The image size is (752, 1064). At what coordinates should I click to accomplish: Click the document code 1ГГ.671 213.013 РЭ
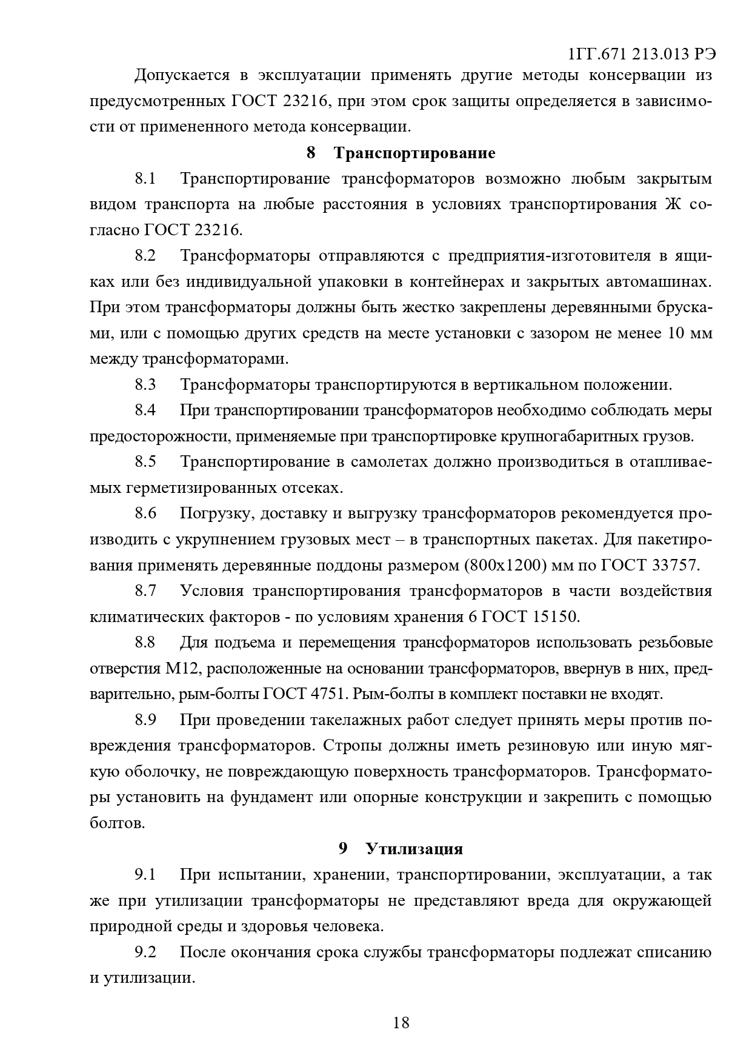(x=642, y=54)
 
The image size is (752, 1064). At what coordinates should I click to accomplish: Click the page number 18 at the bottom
(x=401, y=1023)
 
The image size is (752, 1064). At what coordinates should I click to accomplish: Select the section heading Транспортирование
(x=414, y=153)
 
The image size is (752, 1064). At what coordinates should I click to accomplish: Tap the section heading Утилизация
(x=414, y=849)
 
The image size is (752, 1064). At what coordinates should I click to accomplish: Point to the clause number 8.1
(x=145, y=179)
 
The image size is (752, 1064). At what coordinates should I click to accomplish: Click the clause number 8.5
(x=145, y=462)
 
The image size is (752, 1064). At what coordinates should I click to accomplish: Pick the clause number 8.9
(x=145, y=720)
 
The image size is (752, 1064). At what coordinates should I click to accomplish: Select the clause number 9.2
(x=145, y=952)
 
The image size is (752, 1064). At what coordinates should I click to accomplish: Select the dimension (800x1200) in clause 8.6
(x=507, y=565)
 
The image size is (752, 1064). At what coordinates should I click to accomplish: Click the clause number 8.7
(x=145, y=591)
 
